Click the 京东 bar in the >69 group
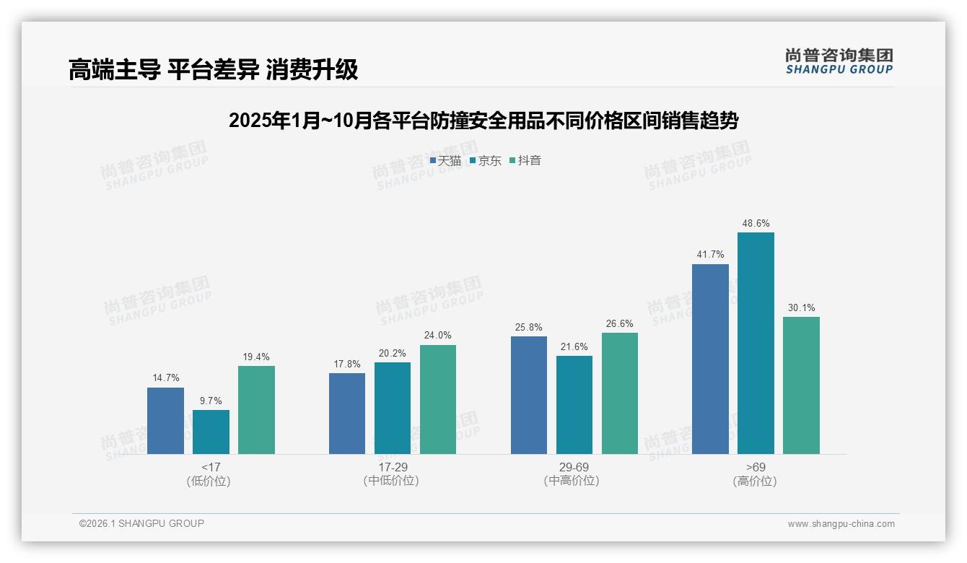(756, 343)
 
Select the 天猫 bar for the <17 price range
(165, 421)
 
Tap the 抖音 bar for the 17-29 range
(438, 399)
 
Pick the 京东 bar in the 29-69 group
(574, 405)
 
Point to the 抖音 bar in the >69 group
(801, 385)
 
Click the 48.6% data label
(756, 224)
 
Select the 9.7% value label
(211, 401)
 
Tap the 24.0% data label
(438, 336)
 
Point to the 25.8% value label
(529, 328)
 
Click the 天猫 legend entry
(445, 161)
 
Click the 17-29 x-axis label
(393, 467)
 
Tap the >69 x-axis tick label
(756, 467)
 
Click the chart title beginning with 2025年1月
(483, 121)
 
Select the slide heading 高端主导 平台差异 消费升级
(213, 70)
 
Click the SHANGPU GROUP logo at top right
(839, 61)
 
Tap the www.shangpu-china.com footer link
(841, 524)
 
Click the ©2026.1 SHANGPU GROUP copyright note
(141, 523)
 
